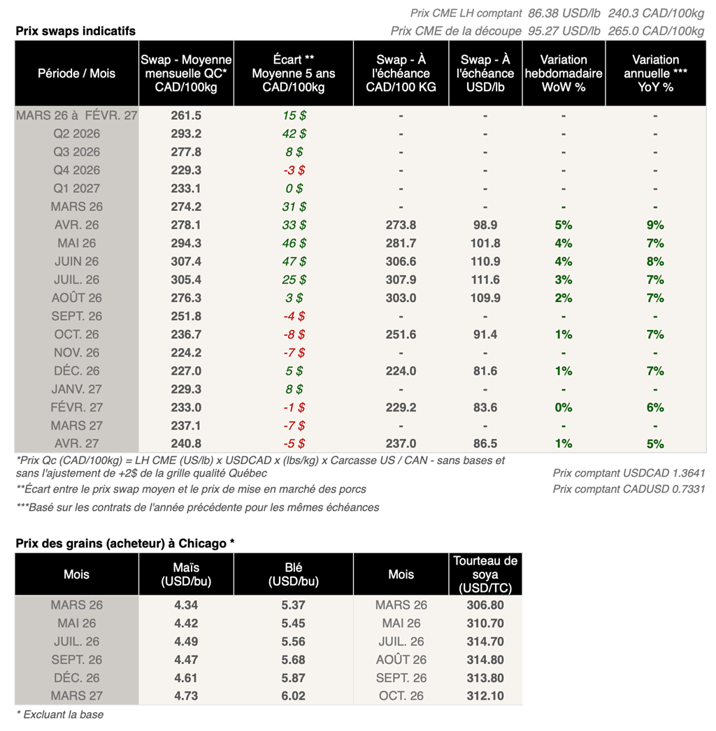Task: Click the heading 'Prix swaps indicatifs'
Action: pyautogui.click(x=76, y=31)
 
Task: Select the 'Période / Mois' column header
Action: pyautogui.click(x=77, y=73)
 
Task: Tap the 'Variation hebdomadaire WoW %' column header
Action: pyautogui.click(x=564, y=73)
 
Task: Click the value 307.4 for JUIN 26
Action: pyautogui.click(x=185, y=261)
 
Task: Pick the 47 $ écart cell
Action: pyautogui.click(x=293, y=261)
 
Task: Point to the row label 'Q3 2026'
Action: pyautogui.click(x=77, y=152)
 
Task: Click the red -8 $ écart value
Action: pyautogui.click(x=293, y=334)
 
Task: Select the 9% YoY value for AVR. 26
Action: pyautogui.click(x=655, y=225)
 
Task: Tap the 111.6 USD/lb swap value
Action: pyautogui.click(x=485, y=280)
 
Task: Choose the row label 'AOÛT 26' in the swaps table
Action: pyautogui.click(x=77, y=298)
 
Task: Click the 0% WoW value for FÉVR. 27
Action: pyautogui.click(x=564, y=407)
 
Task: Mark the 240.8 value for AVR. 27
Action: pyautogui.click(x=185, y=444)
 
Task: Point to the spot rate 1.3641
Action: pyautogui.click(x=688, y=473)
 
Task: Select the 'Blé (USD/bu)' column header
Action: pyautogui.click(x=294, y=574)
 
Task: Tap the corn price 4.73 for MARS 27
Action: pyautogui.click(x=185, y=696)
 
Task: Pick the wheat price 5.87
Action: pyautogui.click(x=294, y=678)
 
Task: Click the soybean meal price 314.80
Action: pyautogui.click(x=485, y=660)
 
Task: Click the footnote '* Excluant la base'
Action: pyautogui.click(x=59, y=714)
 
